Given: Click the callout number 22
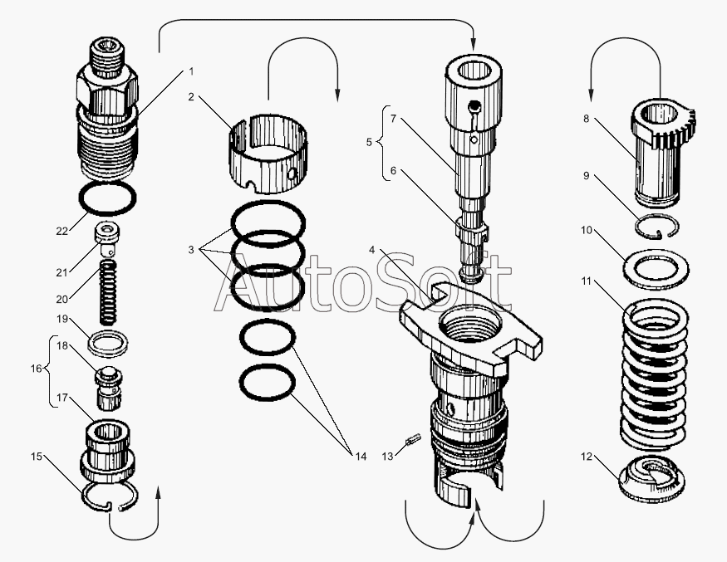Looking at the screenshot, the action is click(x=61, y=231).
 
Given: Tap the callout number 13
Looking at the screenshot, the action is click(x=388, y=457).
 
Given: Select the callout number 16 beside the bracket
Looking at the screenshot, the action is click(x=37, y=369).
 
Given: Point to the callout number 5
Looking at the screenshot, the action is click(x=369, y=142).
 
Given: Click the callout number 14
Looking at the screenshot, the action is click(x=361, y=457).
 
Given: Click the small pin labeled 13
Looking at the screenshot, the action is click(x=413, y=439).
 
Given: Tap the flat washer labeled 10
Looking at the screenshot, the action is click(x=656, y=269).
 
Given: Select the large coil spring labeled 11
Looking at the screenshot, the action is click(x=654, y=375).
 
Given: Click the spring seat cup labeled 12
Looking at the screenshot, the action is click(x=651, y=480).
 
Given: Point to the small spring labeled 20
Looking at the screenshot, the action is click(x=109, y=292).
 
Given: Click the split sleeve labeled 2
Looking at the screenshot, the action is click(x=269, y=154).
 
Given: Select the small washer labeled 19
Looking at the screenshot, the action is click(x=108, y=344).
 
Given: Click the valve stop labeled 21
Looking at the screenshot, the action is click(x=107, y=238).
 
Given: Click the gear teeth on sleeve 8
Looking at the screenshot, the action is click(x=678, y=127).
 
